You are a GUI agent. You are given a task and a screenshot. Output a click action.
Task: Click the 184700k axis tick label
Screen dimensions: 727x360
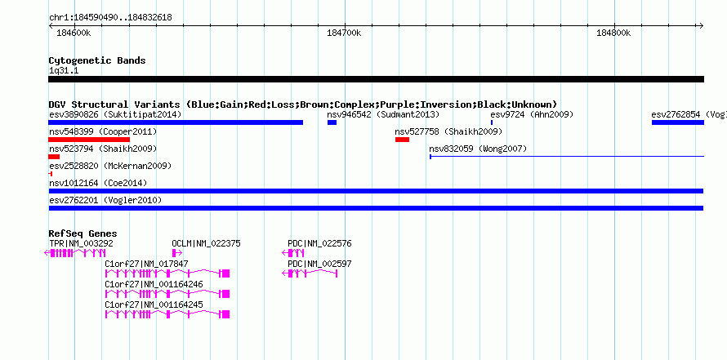tap(344, 33)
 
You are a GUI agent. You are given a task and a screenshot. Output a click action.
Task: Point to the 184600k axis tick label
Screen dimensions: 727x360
tap(74, 33)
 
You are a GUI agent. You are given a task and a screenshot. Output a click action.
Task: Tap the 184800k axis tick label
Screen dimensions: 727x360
tap(614, 33)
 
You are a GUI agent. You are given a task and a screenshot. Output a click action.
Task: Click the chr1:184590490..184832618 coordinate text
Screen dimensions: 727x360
tap(110, 18)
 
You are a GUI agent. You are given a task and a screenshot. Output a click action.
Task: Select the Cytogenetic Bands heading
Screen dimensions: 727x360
tap(97, 60)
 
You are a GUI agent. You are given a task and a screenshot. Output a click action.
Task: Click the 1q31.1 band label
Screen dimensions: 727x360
tap(64, 70)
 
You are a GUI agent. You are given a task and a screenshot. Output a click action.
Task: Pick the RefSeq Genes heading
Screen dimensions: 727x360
tap(83, 234)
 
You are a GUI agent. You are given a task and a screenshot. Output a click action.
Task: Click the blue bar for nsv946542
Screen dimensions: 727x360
tap(332, 122)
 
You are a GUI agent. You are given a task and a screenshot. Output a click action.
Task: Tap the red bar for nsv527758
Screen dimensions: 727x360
tap(402, 140)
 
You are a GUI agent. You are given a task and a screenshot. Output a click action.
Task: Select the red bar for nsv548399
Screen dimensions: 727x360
tap(89, 140)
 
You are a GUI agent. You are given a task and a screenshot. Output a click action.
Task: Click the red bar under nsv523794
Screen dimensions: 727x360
tap(54, 157)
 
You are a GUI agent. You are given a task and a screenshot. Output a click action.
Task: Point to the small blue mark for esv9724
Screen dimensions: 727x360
tap(492, 122)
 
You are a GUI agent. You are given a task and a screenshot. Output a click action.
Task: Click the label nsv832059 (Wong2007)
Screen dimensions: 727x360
tap(478, 149)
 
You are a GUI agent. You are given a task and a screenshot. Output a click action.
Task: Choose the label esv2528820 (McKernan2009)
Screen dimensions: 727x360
tap(110, 166)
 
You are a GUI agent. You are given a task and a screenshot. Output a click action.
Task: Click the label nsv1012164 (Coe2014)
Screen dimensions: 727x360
tap(98, 183)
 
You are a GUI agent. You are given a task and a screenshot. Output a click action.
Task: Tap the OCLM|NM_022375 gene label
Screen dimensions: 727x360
tap(207, 243)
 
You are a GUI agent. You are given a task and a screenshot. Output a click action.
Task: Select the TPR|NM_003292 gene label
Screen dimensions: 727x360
tap(81, 243)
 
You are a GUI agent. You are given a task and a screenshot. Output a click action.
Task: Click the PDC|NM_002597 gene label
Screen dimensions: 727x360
tap(319, 264)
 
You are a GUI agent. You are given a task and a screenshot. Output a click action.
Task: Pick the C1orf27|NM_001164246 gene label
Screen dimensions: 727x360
tap(154, 284)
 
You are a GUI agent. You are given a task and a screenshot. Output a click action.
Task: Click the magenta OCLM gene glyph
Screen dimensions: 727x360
tap(177, 253)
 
